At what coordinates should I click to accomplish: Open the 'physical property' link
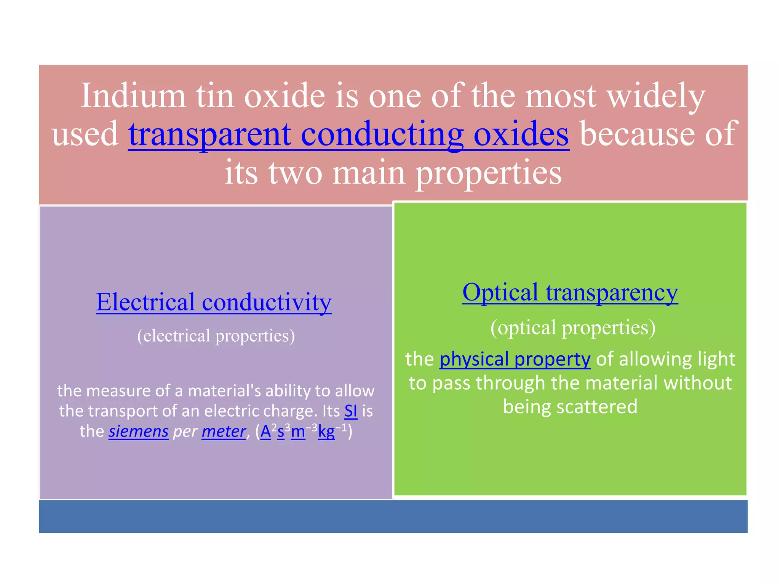point(515,359)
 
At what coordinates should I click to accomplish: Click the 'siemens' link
point(139,432)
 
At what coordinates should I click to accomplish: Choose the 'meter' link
point(224,432)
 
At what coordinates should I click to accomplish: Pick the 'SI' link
point(351,411)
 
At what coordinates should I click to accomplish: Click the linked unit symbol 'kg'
point(326,432)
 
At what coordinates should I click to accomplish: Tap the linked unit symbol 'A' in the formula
point(265,432)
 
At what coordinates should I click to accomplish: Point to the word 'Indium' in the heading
point(133,96)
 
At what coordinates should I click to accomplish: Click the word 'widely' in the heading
point(656,96)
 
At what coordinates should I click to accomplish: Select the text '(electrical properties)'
point(216,336)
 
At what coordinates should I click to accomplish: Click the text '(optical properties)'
point(573,328)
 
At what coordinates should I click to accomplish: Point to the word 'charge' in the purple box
point(290,411)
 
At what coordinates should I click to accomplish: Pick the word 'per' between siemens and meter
point(185,432)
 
